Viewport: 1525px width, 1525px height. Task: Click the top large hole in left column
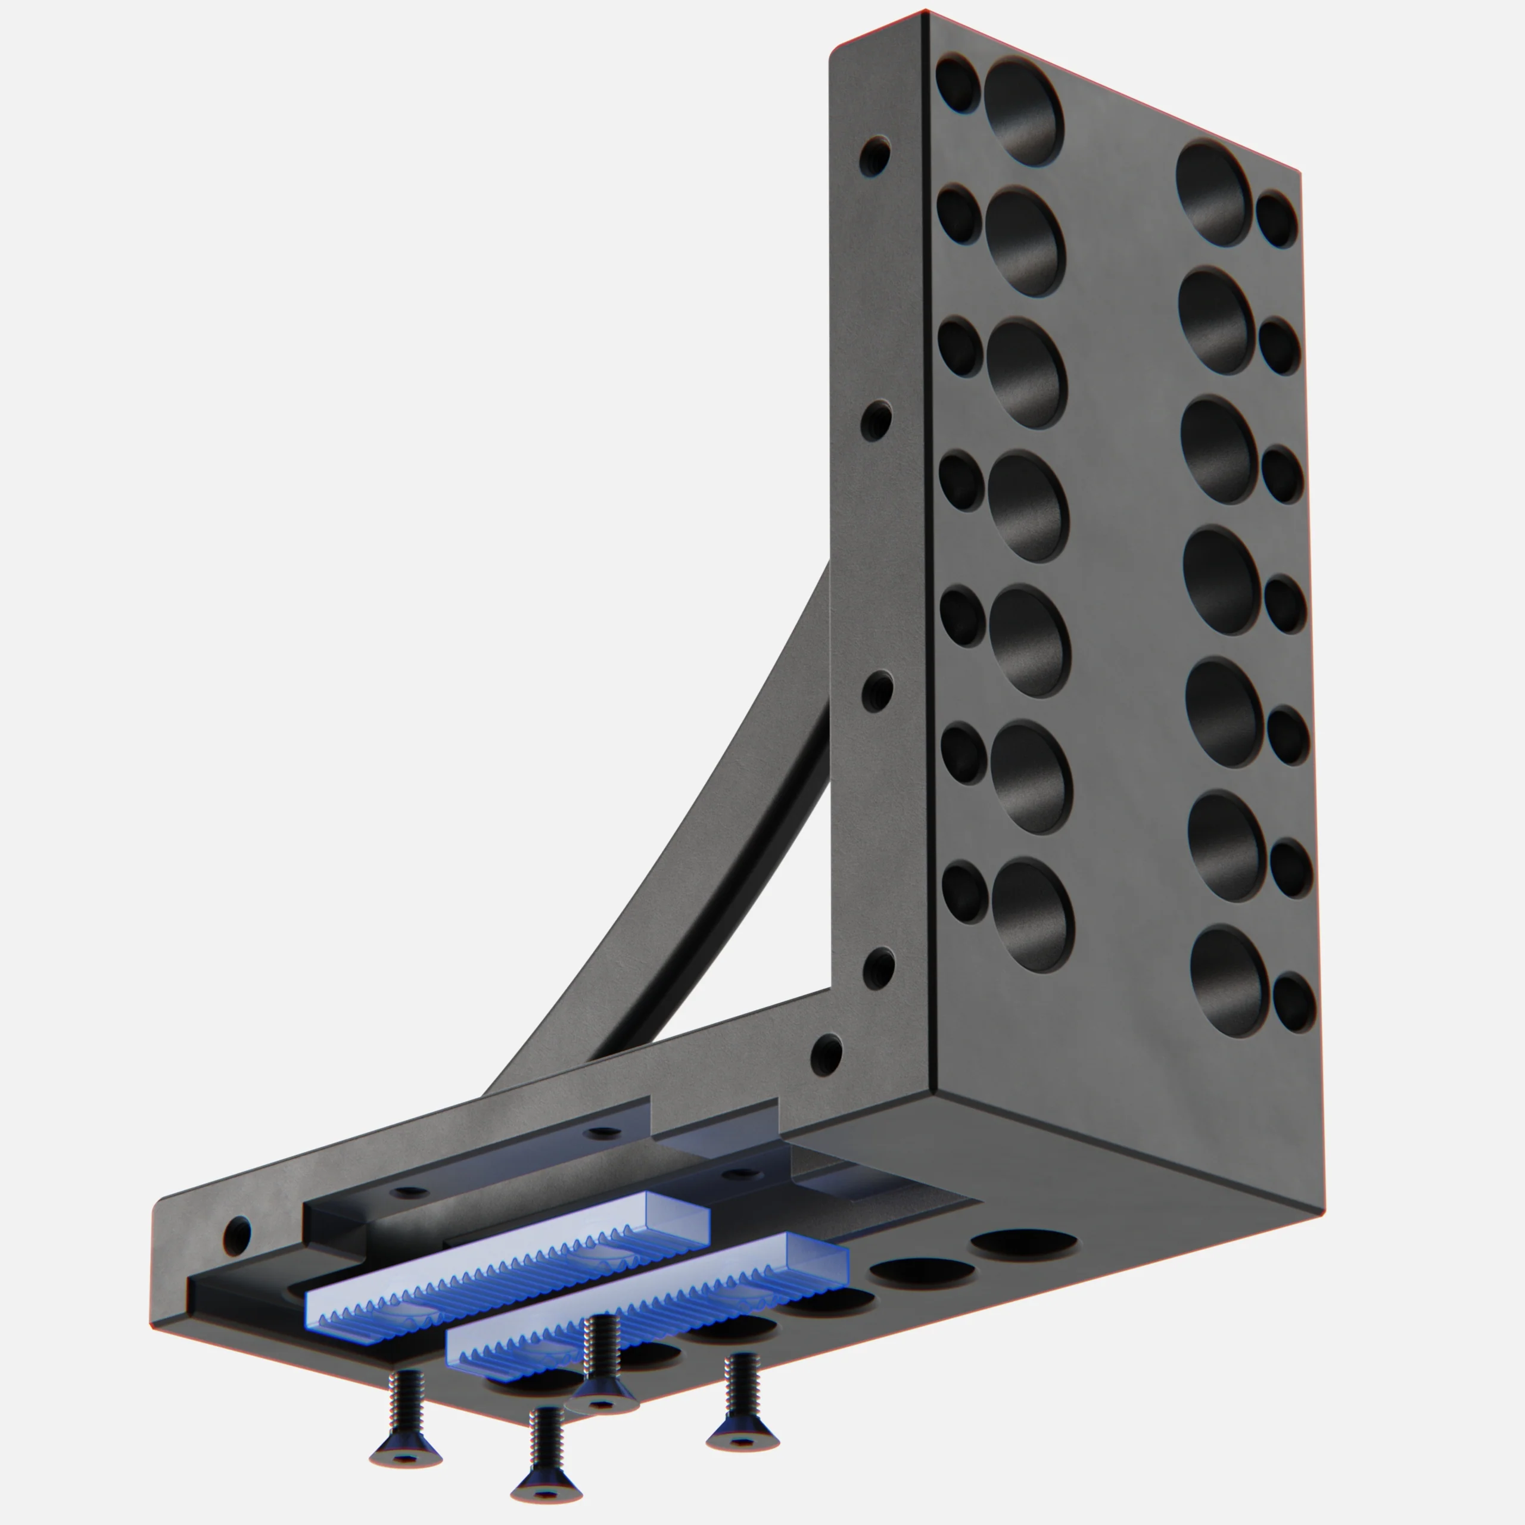click(1023, 112)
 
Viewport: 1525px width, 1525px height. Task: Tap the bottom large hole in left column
click(1032, 916)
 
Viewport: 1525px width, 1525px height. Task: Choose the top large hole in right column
click(1214, 194)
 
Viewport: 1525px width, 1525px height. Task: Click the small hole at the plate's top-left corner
click(957, 83)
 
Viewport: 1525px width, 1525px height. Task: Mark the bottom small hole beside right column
click(1294, 1003)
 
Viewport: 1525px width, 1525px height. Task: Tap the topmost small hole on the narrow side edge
click(874, 155)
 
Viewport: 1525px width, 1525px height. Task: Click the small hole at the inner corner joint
click(826, 1054)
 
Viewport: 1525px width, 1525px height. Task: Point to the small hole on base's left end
click(238, 1234)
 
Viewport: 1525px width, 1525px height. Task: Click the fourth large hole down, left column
click(1028, 505)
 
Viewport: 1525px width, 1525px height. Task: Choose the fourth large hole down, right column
click(1221, 581)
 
